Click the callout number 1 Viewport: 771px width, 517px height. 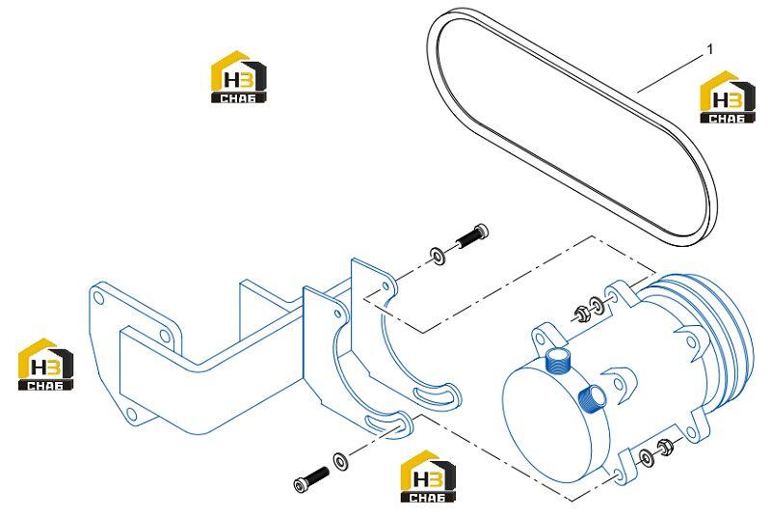pos(709,49)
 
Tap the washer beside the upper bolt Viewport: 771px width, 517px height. pos(437,256)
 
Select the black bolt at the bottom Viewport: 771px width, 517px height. pos(311,479)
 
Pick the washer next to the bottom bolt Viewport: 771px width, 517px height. pos(340,461)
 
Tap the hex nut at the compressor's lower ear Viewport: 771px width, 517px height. pos(665,448)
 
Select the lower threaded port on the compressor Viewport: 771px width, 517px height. pos(591,396)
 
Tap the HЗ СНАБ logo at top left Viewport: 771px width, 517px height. pos(239,77)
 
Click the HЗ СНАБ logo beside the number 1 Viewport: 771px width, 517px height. pos(728,96)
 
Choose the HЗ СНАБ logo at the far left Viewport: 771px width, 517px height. pos(45,365)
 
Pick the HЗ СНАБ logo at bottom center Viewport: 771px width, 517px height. pos(428,476)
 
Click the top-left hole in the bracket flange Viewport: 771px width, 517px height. pos(98,298)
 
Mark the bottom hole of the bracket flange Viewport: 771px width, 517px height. pos(130,413)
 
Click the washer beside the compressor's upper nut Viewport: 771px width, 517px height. pos(596,305)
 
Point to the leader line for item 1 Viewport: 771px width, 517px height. pos(670,73)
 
